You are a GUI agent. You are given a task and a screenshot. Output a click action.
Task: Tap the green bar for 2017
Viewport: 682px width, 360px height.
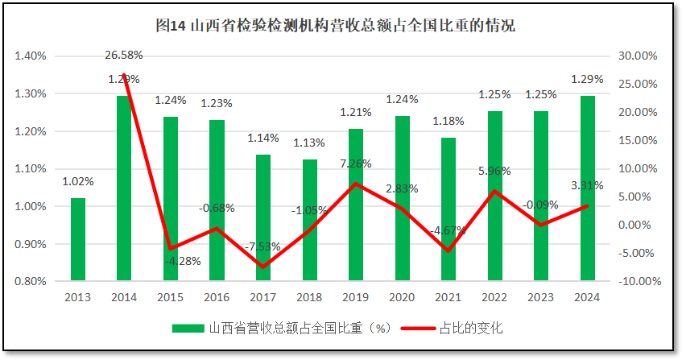click(x=263, y=217)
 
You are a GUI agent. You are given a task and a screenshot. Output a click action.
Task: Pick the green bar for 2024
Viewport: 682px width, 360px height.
click(x=588, y=188)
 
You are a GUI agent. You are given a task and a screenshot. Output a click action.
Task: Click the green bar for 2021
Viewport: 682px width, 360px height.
click(x=448, y=209)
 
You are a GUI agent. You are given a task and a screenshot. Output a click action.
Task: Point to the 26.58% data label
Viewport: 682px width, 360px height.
click(x=124, y=56)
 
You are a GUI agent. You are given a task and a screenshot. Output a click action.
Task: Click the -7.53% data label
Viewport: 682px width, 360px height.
click(x=263, y=246)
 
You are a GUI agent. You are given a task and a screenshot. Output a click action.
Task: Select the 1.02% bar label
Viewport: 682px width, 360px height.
click(x=77, y=182)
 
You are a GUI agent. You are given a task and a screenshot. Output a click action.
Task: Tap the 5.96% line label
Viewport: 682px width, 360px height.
click(x=494, y=171)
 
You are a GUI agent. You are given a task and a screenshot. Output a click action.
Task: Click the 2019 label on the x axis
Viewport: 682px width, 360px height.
click(x=356, y=298)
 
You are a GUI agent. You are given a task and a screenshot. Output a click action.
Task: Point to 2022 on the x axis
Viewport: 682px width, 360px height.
click(x=494, y=298)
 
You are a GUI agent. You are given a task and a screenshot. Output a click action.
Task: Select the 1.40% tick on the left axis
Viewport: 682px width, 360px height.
click(x=30, y=56)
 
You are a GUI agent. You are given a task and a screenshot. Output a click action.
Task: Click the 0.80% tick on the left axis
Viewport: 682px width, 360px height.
click(x=30, y=282)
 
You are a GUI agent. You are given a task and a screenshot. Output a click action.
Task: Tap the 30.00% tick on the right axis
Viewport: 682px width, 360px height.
click(x=637, y=56)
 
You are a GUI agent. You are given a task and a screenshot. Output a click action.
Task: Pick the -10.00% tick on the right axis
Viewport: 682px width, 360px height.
click(x=637, y=282)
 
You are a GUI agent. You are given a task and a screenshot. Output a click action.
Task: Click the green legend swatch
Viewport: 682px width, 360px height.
click(x=188, y=328)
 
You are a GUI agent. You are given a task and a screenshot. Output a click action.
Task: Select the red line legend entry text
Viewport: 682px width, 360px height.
click(x=471, y=328)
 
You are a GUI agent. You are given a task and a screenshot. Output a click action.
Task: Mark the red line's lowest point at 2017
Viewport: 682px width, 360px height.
click(x=263, y=267)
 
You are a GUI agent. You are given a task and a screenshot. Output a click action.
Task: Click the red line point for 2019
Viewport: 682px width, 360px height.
click(x=356, y=184)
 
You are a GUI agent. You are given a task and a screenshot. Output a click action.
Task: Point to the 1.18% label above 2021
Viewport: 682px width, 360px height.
click(x=448, y=122)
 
